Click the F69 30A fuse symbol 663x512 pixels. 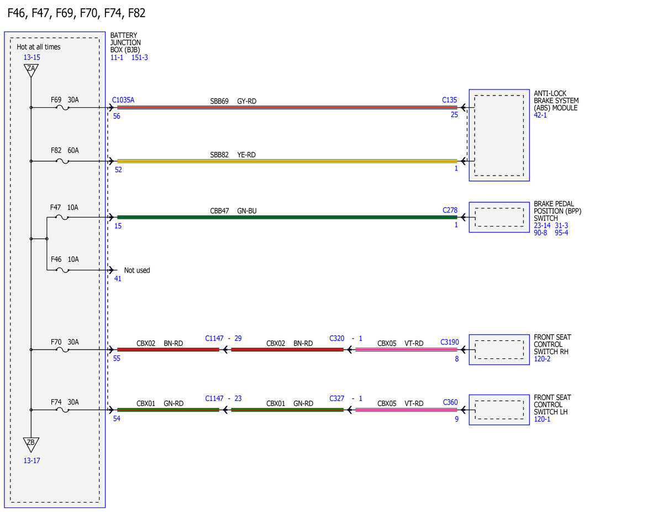[62, 108]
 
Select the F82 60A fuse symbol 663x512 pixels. [62, 161]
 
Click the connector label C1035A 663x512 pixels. [123, 100]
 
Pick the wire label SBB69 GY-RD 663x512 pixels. [233, 101]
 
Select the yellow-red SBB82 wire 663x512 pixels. [287, 161]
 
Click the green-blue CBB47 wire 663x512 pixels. [287, 218]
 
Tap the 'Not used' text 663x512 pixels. [137, 270]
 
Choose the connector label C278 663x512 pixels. [450, 210]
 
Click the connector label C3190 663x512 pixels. [449, 342]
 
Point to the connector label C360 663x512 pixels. [450, 402]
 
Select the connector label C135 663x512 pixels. [449, 100]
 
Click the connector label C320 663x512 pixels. [337, 339]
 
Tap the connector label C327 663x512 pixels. [337, 399]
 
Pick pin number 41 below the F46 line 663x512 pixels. [118, 279]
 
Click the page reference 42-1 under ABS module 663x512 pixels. [540, 115]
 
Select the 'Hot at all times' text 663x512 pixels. [39, 47]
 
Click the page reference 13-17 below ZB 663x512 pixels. [31, 461]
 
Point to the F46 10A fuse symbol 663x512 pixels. [62, 270]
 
